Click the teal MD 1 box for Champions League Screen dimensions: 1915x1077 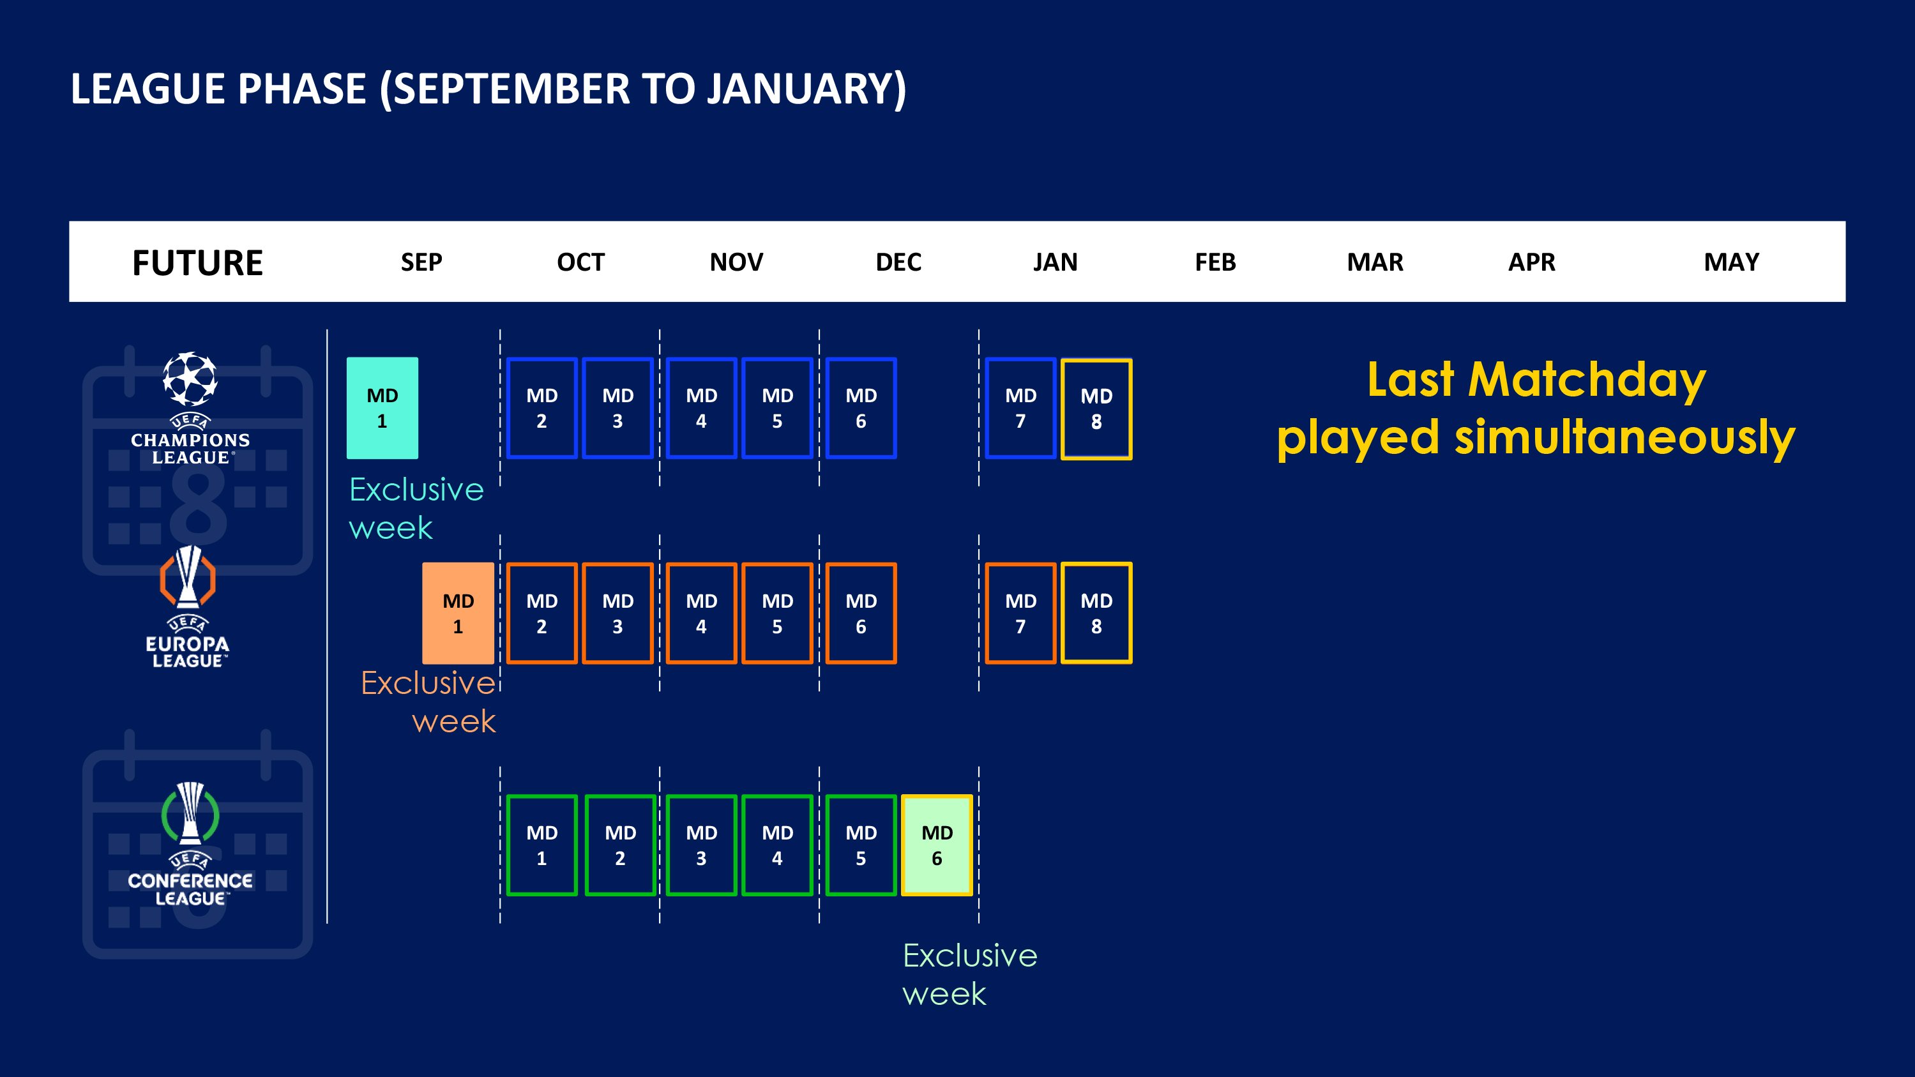pyautogui.click(x=382, y=408)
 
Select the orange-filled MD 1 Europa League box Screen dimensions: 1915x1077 pyautogui.click(x=458, y=614)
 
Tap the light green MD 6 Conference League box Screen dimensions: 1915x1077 pyautogui.click(x=937, y=845)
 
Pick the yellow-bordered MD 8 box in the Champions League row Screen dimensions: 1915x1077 pyautogui.click(x=1096, y=409)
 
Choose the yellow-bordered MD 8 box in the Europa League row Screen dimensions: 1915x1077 pyautogui.click(x=1096, y=614)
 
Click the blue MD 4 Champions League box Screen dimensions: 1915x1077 pyautogui.click(x=701, y=408)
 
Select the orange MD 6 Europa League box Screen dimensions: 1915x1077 pyautogui.click(x=861, y=614)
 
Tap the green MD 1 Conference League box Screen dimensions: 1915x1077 pyautogui.click(x=542, y=845)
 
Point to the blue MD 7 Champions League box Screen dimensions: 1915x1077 pyautogui.click(x=1020, y=408)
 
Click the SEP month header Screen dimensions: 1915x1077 pyautogui.click(x=421, y=262)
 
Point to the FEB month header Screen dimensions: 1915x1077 pyautogui.click(x=1215, y=262)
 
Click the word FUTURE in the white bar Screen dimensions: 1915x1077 pyautogui.click(x=198, y=263)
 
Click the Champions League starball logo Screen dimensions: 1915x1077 pyautogui.click(x=190, y=379)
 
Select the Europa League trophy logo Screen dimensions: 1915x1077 pyautogui.click(x=188, y=578)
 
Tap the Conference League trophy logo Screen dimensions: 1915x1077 pyautogui.click(x=190, y=813)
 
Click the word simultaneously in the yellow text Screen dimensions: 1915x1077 pyautogui.click(x=1625, y=437)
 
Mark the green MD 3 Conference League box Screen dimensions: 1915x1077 pyautogui.click(x=701, y=845)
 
